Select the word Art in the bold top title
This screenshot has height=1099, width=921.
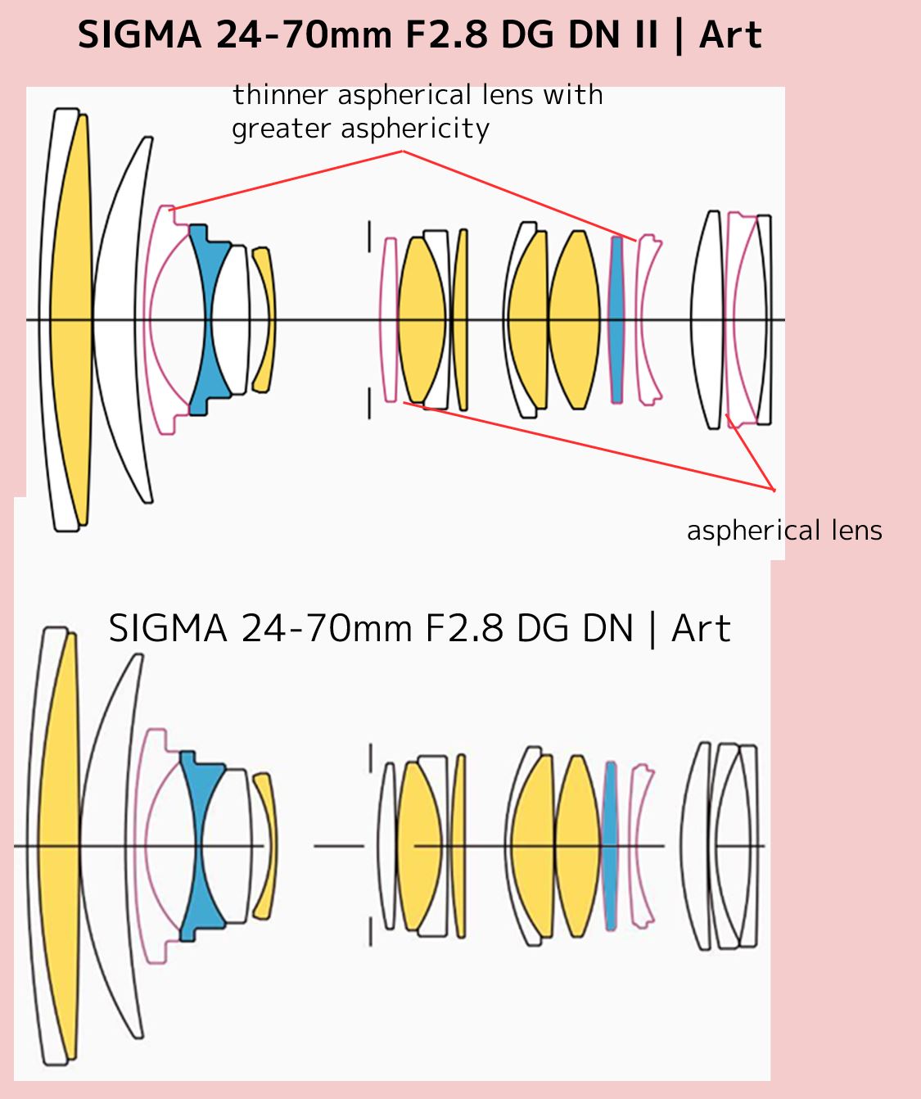point(730,35)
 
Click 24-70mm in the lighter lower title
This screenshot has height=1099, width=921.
point(327,629)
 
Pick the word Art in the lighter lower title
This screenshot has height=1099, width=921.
point(701,629)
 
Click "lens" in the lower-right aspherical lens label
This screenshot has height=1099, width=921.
point(855,531)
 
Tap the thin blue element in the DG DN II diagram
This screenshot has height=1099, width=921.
point(616,319)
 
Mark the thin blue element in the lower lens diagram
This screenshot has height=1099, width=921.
point(609,845)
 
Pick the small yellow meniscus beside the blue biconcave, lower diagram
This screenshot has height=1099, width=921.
point(265,845)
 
